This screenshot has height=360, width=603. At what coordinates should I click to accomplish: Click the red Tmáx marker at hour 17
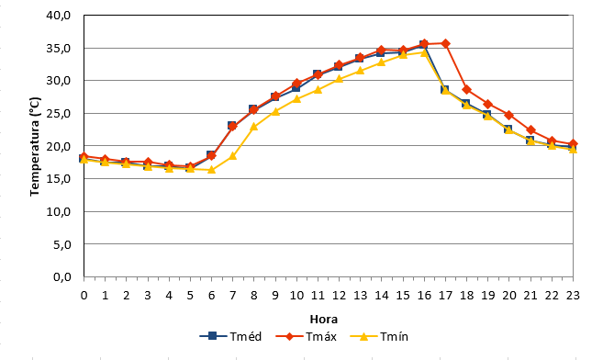pos(445,43)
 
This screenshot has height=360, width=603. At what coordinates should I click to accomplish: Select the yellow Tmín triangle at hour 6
pos(211,169)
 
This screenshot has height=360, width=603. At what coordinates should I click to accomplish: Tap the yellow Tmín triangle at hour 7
pos(232,156)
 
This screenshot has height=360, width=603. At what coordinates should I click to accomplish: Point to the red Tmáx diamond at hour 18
pos(467,90)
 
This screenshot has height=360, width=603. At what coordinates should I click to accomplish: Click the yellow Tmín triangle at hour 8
pos(254,126)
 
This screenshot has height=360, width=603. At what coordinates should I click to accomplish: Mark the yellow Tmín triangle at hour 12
pos(339,79)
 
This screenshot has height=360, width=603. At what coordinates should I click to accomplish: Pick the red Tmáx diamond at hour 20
pos(509,115)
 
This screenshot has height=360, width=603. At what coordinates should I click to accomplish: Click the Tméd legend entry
pos(230,336)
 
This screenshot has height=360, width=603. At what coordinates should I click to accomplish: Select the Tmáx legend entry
pos(307,336)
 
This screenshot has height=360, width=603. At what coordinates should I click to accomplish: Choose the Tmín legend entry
pos(379,336)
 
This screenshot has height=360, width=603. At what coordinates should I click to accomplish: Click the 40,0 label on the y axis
pos(59,15)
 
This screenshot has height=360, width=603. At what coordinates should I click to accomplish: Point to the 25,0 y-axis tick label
pos(59,114)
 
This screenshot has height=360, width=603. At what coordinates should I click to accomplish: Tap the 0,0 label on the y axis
pos(62,276)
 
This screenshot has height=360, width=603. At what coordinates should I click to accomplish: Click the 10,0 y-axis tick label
pos(59,211)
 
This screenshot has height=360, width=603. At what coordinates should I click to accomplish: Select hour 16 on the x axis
pos(424,296)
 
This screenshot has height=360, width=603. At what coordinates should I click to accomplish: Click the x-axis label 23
pos(573,296)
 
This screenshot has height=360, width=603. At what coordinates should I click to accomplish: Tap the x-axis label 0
pos(84,296)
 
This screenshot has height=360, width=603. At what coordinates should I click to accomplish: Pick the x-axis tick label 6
pos(211,296)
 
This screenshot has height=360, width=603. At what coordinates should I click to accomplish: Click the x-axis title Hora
pos(324,320)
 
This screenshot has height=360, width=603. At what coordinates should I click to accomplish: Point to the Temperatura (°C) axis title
pos(35,146)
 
